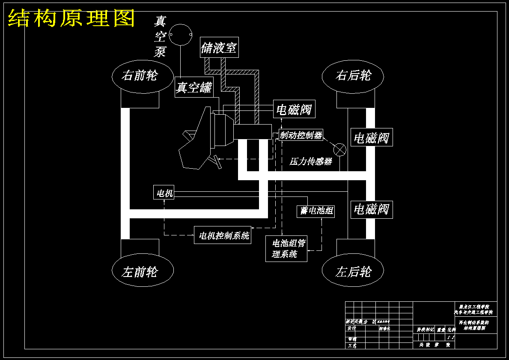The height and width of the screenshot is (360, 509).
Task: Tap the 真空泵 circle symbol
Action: (181, 34)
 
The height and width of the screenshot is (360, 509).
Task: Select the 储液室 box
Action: (219, 48)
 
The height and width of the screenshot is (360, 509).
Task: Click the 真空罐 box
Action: (194, 87)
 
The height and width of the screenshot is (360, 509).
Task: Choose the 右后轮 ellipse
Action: (353, 76)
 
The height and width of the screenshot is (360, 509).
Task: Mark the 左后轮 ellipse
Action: (353, 271)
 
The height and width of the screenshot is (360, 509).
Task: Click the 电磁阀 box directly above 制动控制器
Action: (294, 110)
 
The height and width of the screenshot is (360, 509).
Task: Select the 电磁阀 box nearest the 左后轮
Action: (371, 209)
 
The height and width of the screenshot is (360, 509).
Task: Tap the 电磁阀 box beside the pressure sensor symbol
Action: (371, 138)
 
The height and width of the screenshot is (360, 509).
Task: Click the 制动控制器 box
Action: (301, 135)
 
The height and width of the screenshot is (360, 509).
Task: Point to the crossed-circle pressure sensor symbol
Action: (339, 149)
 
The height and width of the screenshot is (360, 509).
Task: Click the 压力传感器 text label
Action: (311, 162)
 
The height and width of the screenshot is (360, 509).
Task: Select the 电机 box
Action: (164, 193)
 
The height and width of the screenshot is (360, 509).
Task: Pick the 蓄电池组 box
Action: (316, 211)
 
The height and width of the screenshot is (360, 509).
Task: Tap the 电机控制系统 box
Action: (223, 235)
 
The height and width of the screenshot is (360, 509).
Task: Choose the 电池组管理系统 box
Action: (286, 249)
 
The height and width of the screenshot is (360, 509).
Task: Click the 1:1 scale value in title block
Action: (450, 337)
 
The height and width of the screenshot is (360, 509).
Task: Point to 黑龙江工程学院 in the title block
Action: (473, 307)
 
